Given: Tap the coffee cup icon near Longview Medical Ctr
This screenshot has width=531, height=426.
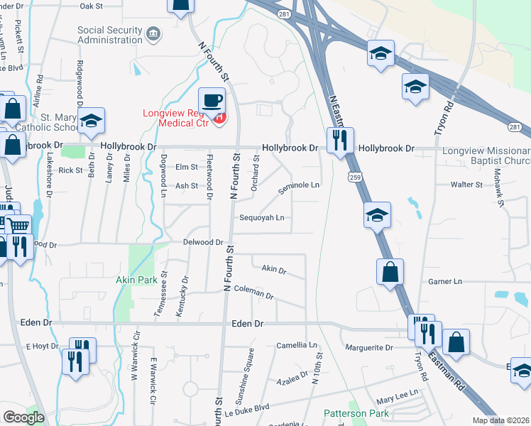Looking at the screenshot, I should tap(212, 101).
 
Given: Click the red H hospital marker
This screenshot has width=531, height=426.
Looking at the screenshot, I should tap(219, 117).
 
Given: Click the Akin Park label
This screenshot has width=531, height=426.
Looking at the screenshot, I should tap(136, 280).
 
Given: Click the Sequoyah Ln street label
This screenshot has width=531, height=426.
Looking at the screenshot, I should tap(262, 218).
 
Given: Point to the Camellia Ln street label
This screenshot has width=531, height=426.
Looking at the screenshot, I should tap(297, 345).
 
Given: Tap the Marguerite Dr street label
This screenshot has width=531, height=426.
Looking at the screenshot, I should tap(369, 347).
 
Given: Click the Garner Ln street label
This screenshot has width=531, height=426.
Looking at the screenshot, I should tap(445, 282).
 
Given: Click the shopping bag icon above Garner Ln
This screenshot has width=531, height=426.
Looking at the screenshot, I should tap(390, 271).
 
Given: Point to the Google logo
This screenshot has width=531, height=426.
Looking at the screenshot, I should tap(23, 417).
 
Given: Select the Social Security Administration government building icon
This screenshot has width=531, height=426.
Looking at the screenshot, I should tap(153, 33).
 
